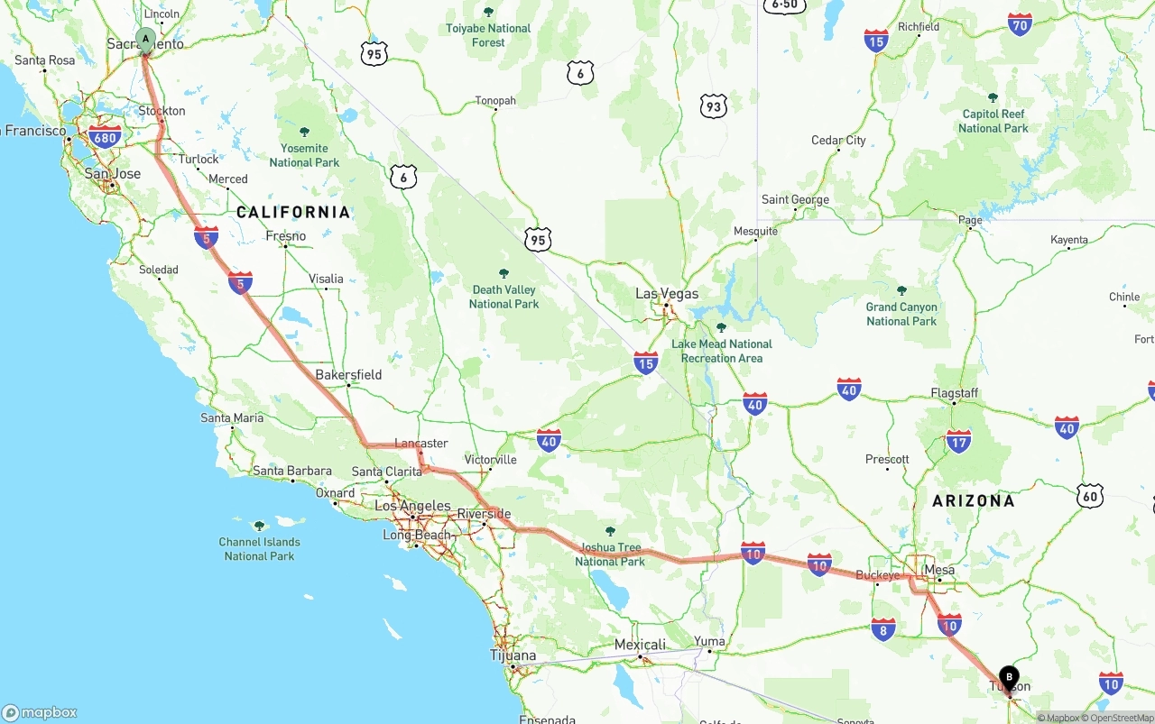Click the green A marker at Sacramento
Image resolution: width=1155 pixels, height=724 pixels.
[145, 39]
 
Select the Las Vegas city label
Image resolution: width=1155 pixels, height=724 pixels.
[667, 294]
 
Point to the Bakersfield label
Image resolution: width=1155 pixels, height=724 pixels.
[348, 374]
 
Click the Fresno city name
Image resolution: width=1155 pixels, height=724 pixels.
[286, 236]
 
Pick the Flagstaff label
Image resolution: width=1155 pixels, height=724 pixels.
[954, 393]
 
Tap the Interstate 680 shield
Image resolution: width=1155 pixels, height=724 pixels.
[105, 138]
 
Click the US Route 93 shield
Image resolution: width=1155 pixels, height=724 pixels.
[714, 107]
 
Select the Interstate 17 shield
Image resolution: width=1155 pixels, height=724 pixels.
[958, 441]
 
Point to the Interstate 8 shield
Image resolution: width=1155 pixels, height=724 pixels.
[883, 628]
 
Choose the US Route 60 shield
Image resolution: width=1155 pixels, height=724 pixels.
[1090, 495]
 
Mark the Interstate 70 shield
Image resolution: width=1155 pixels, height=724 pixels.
[1021, 24]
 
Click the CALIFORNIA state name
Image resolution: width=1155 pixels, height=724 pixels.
[293, 212]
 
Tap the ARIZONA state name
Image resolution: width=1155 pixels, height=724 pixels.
[974, 500]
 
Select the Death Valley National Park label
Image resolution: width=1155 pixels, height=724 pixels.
[504, 297]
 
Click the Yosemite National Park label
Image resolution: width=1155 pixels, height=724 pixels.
[304, 155]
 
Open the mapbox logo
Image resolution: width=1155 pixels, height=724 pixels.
[40, 712]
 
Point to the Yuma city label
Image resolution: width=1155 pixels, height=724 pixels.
[709, 641]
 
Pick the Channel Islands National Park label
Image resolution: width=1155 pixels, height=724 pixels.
[259, 548]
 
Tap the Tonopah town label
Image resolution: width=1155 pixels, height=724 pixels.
[495, 100]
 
